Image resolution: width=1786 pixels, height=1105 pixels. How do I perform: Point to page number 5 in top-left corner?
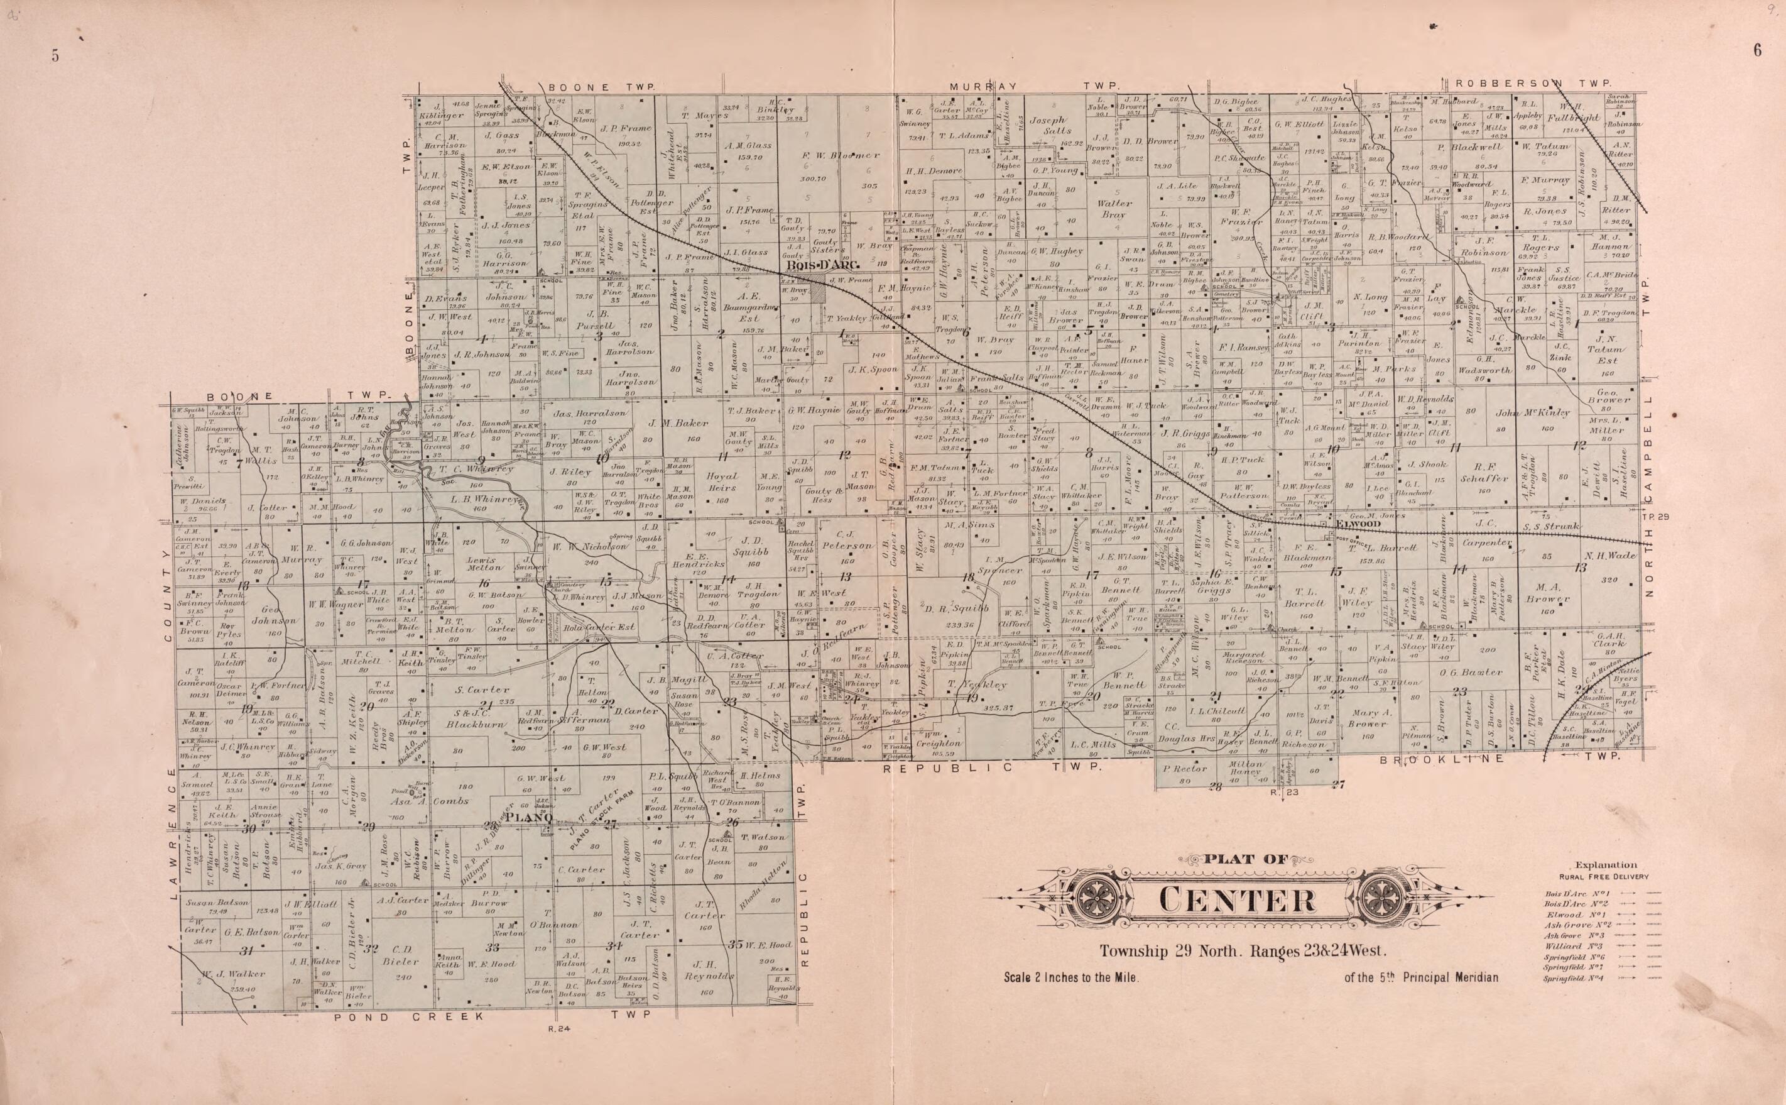click(x=55, y=57)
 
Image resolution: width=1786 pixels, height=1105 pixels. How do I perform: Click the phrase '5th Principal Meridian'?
click(x=1421, y=978)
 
